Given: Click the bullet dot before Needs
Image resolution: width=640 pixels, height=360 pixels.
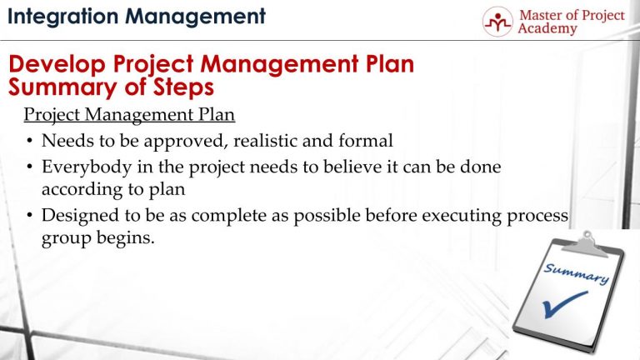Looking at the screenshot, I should (30, 142).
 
